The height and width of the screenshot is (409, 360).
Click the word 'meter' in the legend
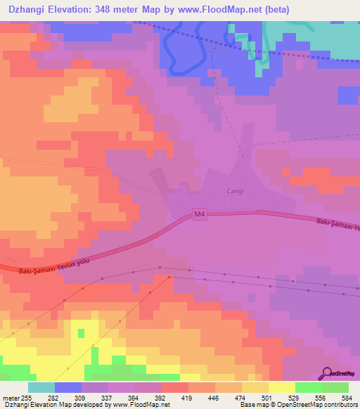[11, 397]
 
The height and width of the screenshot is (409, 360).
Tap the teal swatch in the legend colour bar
[41, 387]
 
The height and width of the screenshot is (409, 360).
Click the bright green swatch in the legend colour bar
[308, 387]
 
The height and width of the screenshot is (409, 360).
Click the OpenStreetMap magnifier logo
[327, 372]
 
